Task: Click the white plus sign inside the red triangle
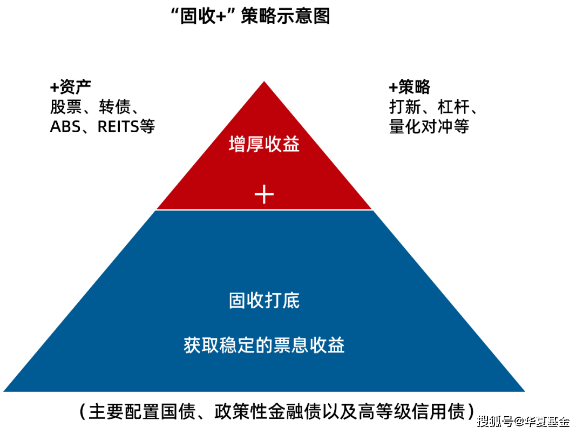click(264, 193)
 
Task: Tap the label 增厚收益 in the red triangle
click(264, 145)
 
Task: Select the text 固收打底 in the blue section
click(264, 301)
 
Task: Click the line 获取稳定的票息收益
click(264, 345)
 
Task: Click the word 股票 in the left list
click(66, 107)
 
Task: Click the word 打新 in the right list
click(405, 107)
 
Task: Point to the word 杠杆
click(453, 107)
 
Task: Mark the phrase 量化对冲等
click(429, 126)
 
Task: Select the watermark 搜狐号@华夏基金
click(522, 421)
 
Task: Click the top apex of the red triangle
click(264, 80)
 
